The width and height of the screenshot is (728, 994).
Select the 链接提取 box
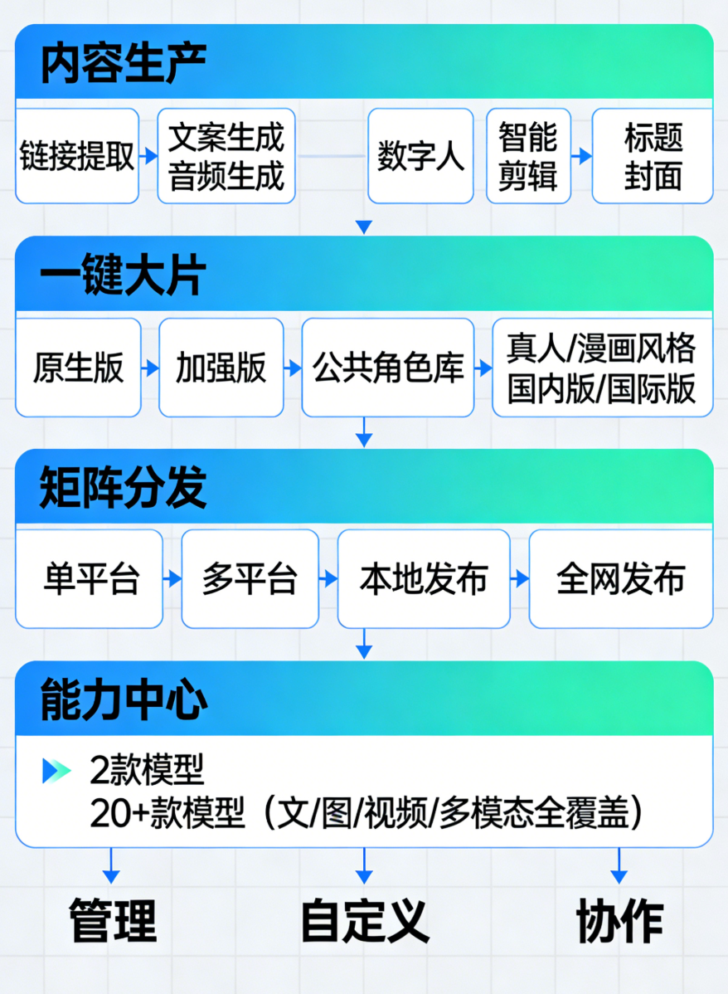tap(77, 156)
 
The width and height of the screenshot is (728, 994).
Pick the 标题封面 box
tap(653, 156)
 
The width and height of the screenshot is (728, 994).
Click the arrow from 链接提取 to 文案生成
tap(148, 156)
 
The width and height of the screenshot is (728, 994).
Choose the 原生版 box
tap(78, 368)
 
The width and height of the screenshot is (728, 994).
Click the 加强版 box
tap(221, 368)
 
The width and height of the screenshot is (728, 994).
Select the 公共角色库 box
tap(389, 368)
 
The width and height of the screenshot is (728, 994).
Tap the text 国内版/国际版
tap(602, 388)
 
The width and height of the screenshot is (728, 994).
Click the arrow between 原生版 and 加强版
tap(150, 368)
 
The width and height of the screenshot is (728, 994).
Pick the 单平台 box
tap(90, 578)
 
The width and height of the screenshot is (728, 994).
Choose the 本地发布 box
tap(424, 578)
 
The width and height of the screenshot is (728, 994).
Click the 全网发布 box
tap(621, 578)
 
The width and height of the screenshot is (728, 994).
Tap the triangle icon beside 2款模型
tap(56, 771)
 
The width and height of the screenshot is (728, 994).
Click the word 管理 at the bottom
tap(112, 920)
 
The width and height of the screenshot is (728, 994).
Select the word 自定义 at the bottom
tap(364, 920)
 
